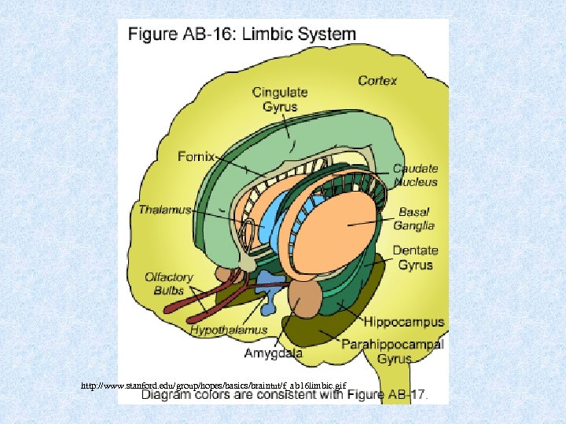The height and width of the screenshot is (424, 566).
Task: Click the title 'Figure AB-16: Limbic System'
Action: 241,35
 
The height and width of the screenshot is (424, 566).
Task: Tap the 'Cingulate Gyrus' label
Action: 280,99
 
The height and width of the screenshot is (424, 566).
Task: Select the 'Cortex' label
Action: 377,80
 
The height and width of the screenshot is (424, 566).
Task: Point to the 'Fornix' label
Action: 196,156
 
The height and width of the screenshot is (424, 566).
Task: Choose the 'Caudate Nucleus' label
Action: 415,175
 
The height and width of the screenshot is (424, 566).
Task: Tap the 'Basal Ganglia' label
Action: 415,218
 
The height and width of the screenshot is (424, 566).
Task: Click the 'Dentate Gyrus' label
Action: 414,257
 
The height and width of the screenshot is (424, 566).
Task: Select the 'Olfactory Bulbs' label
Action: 168,283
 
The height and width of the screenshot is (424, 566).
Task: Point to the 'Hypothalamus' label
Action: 229,331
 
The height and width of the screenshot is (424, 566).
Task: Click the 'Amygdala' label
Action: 273,353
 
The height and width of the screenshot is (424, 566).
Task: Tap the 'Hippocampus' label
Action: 403,322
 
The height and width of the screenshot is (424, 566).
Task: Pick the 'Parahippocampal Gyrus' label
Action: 392,351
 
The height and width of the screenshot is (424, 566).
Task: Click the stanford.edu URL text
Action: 213,386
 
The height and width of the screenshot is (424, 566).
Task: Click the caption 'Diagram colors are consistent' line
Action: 284,396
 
